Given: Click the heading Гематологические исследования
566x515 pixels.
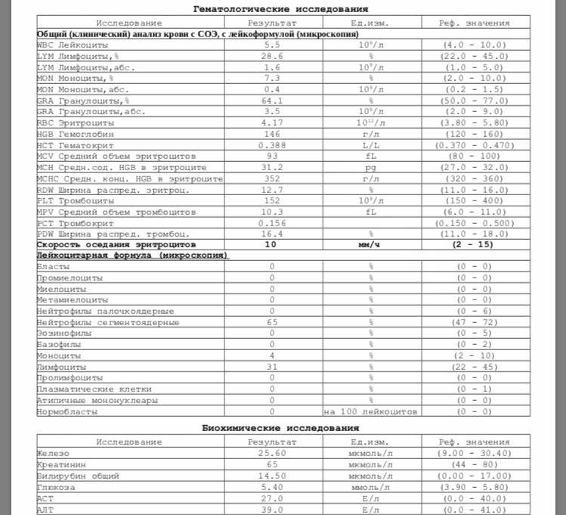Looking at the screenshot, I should (282, 9).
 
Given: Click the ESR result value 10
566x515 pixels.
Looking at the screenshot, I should (271, 245).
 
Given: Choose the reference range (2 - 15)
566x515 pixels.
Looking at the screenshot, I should (474, 245).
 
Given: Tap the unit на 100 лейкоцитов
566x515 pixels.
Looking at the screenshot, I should (371, 412).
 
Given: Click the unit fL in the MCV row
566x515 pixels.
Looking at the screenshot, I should (371, 156).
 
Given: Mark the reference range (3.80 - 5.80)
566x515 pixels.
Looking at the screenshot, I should (474, 122).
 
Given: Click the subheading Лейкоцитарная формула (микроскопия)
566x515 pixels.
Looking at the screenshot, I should (132, 256).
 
